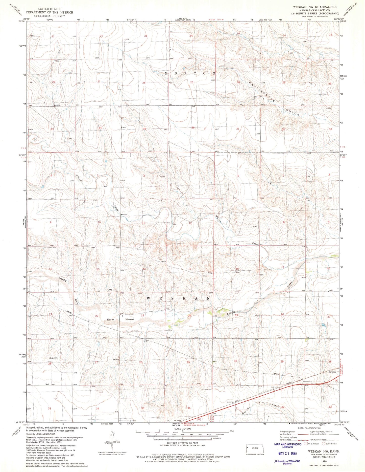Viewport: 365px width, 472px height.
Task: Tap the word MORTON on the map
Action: pos(190,73)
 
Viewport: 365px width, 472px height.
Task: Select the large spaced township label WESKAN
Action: pos(178,298)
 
